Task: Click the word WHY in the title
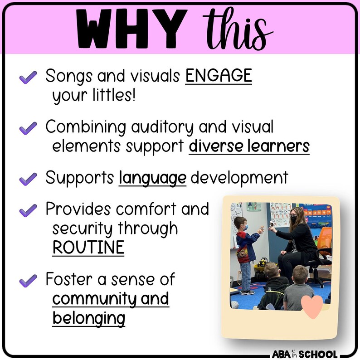131,29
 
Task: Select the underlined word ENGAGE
218,77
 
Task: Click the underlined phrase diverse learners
249,146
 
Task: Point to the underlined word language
152,178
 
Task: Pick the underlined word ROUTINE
88,248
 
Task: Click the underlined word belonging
88,318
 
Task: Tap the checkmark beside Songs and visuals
28,78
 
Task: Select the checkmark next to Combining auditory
28,128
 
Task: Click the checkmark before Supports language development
28,179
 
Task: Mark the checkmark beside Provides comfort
28,210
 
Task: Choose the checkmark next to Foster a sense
28,280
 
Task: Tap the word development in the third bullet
239,178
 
